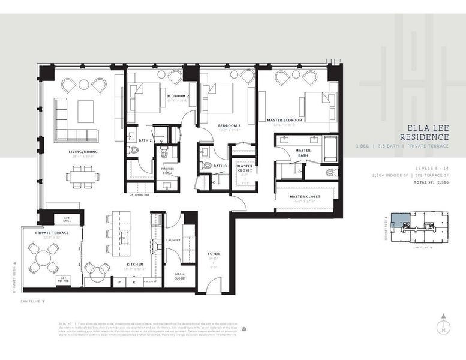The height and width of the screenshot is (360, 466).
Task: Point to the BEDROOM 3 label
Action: click(229, 125)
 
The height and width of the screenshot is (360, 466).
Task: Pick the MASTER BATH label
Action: click(303, 154)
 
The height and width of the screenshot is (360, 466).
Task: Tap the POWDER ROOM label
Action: click(167, 171)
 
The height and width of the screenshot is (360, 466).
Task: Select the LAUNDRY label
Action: click(173, 240)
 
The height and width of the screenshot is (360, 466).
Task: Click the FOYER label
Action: click(213, 254)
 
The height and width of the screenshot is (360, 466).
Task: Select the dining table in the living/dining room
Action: click(84, 176)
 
